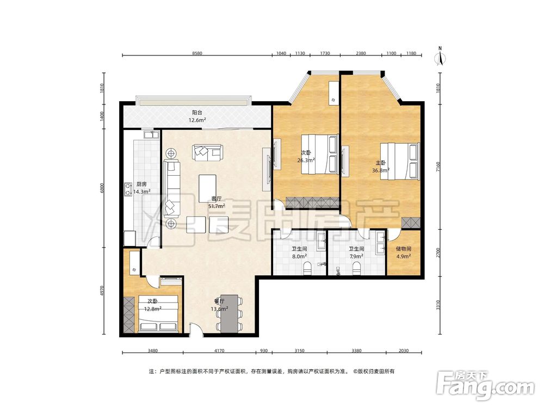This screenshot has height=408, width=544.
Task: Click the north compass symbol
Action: (x=440, y=57)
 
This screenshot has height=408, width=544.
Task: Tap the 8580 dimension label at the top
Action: (x=197, y=53)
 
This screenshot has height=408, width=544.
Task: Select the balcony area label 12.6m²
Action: (x=197, y=120)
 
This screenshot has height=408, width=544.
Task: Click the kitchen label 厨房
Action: (x=141, y=184)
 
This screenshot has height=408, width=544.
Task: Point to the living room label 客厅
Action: (x=217, y=199)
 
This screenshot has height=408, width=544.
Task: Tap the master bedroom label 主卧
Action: (x=381, y=163)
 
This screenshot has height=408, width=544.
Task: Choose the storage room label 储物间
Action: (x=404, y=249)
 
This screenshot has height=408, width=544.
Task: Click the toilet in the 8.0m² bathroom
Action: (x=307, y=269)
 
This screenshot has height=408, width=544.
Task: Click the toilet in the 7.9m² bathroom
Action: (x=356, y=269)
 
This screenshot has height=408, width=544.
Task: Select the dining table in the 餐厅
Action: (x=230, y=314)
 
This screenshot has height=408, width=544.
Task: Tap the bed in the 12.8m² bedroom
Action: (x=159, y=314)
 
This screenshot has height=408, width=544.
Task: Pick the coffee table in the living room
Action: (x=207, y=188)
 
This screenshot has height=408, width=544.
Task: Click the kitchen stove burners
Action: (x=128, y=189)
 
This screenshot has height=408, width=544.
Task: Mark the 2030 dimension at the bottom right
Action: (x=404, y=351)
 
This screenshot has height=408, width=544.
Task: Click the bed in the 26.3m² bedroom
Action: (x=319, y=154)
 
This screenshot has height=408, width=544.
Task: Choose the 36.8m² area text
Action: (x=381, y=170)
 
